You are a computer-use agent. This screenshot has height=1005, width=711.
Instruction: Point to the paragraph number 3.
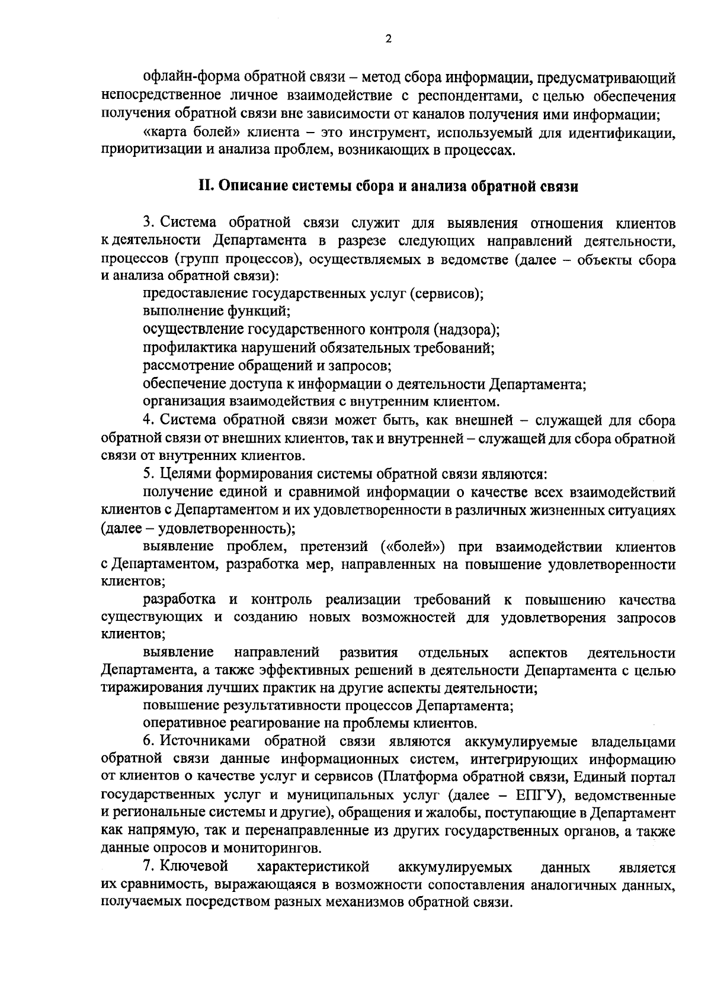point(148,223)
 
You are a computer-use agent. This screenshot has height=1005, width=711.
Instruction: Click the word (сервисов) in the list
point(446,293)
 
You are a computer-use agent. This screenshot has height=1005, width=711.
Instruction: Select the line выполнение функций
point(216,311)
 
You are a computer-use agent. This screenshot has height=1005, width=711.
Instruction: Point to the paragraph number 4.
point(148,420)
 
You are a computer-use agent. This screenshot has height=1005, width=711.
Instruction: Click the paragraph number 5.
point(148,474)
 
